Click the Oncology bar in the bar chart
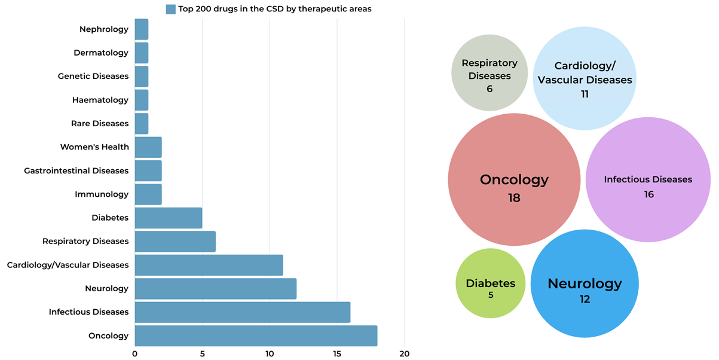(x=256, y=335)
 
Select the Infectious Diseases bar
(x=242, y=312)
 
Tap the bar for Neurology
(x=215, y=288)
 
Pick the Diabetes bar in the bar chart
(x=168, y=218)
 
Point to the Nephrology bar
(x=142, y=29)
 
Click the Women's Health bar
(x=148, y=147)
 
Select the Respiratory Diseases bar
(x=175, y=241)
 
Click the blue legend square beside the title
(x=170, y=9)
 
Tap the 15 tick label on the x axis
(x=337, y=353)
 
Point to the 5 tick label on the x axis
(x=202, y=353)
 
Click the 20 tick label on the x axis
(x=405, y=353)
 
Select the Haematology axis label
(x=100, y=100)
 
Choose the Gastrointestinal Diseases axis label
(x=76, y=170)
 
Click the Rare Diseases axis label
(x=99, y=123)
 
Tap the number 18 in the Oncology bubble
(x=514, y=197)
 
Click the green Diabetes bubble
(x=490, y=283)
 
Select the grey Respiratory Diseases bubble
(x=489, y=72)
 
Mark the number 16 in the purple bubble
(x=648, y=194)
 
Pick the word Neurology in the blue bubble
(x=585, y=283)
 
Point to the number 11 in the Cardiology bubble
(x=585, y=94)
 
